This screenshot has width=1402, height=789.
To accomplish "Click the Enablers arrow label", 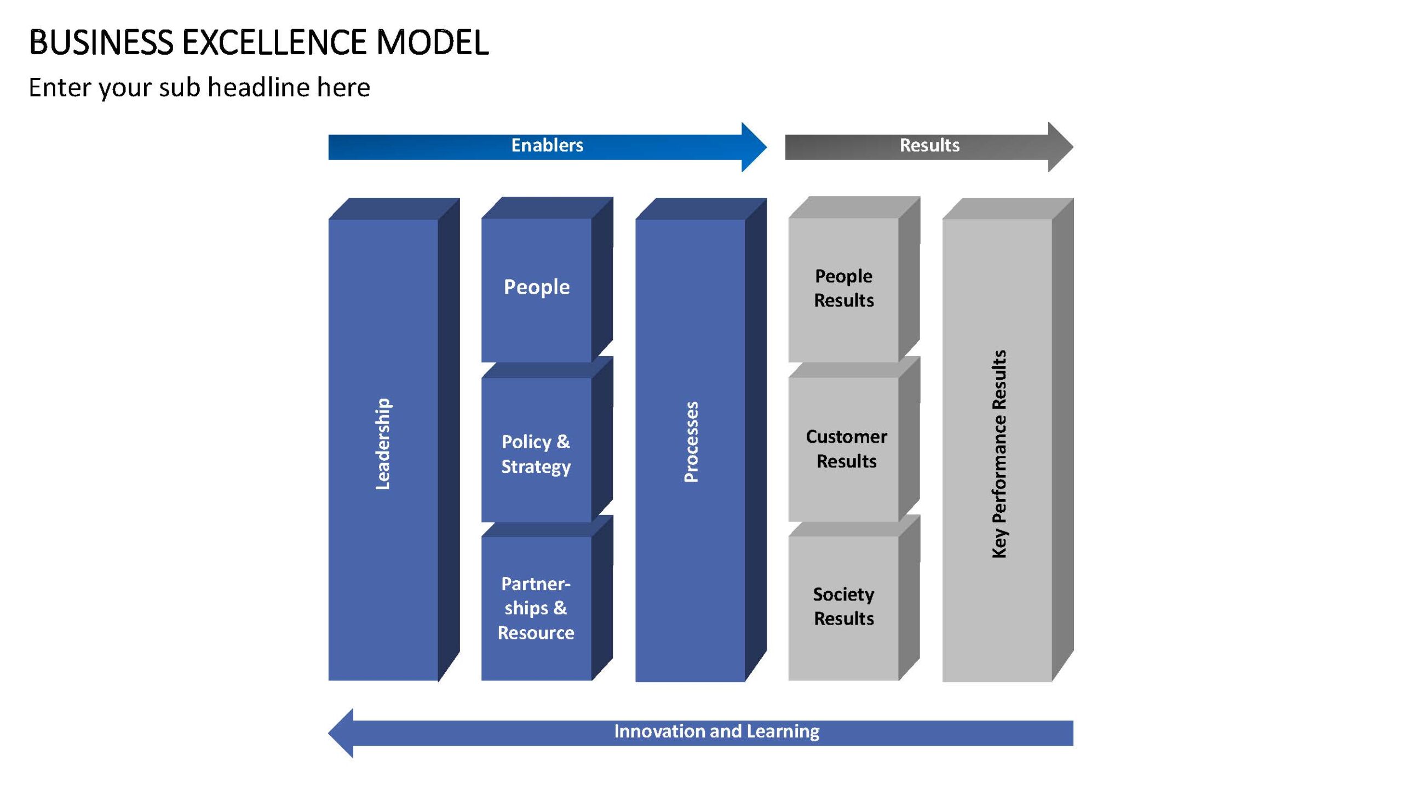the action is coord(547,145).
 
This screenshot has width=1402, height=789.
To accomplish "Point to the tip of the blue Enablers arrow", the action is coord(767,147).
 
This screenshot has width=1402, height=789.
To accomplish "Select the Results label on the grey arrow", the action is coord(929,145).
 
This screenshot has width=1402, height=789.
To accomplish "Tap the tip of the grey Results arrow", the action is coord(1073,147).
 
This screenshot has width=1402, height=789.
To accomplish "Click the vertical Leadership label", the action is coord(383,444).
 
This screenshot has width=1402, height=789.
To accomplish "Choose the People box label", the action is coord(537,287).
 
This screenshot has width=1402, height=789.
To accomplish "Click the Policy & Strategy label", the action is coord(536,454).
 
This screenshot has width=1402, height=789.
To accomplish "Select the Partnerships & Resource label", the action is coord(536,608).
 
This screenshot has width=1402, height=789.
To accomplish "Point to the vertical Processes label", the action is coord(691,442).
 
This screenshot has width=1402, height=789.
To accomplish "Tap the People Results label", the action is coord(844,288).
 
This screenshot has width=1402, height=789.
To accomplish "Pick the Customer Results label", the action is coord(847,449).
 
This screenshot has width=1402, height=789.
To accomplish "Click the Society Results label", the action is coord(844,606).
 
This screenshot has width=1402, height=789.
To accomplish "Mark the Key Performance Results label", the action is coord(999,454).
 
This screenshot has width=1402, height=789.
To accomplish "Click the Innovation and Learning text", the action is coord(717,731).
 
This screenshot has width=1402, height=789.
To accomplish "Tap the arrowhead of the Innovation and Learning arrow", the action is coord(329,733).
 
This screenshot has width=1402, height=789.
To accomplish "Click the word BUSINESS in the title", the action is coord(101,42).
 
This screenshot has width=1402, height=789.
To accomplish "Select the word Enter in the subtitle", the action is coord(60,87).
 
